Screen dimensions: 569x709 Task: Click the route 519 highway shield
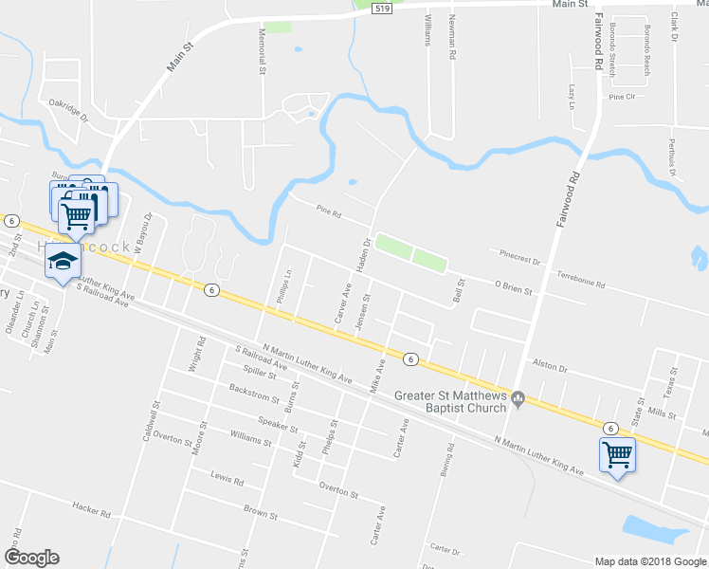click(x=381, y=8)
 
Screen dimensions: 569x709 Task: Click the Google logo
click(x=31, y=558)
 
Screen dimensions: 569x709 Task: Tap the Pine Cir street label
click(x=622, y=97)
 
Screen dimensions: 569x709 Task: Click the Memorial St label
click(x=261, y=51)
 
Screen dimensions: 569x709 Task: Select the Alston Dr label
click(x=550, y=366)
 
